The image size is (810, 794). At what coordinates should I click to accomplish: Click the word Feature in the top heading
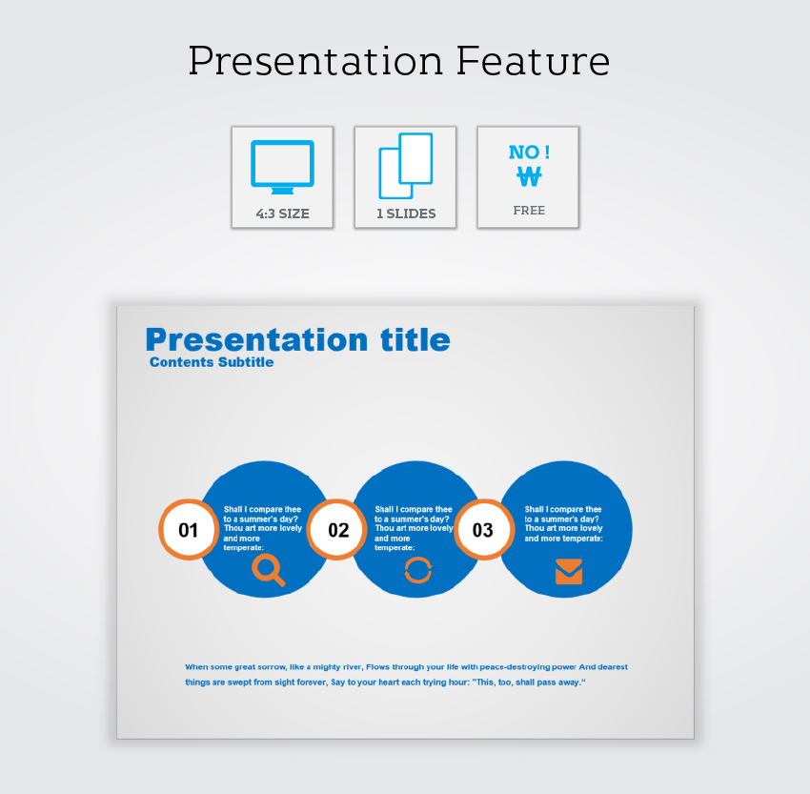533,61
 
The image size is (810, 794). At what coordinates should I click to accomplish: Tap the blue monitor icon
283,167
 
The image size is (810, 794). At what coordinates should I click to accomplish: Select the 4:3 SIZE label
283,214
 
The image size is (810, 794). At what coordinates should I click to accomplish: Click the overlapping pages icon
406,166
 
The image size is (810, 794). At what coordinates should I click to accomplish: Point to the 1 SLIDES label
406,214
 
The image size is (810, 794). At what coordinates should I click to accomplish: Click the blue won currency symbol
529,176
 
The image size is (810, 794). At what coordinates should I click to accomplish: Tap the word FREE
529,211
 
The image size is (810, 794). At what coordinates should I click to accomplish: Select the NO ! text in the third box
529,153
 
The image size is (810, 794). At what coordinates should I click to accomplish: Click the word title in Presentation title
415,340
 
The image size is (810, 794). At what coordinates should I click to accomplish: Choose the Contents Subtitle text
212,362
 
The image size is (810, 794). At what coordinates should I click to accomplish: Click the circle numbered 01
189,530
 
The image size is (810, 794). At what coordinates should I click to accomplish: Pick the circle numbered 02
337,530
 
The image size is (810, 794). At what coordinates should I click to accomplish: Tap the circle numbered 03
484,530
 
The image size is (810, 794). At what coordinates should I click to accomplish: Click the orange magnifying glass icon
268,570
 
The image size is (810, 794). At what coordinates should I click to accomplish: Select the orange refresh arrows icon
418,570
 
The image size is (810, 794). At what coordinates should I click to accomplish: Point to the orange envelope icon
569,571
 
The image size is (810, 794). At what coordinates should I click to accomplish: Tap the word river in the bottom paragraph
353,667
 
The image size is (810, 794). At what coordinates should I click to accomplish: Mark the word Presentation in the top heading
315,61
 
